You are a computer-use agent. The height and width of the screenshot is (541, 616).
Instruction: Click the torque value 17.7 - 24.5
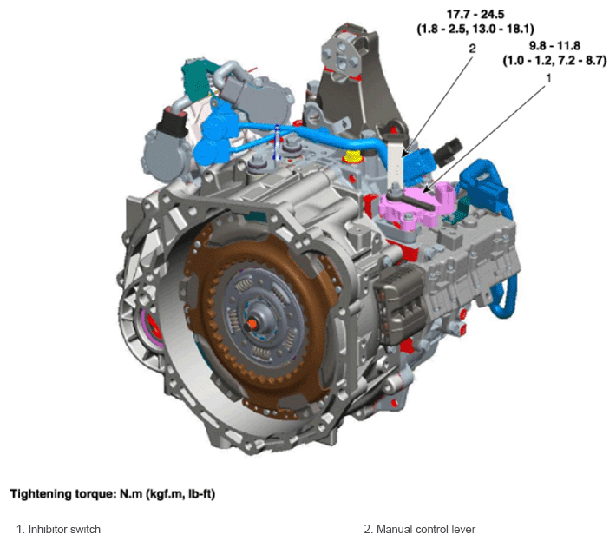pyautogui.click(x=475, y=15)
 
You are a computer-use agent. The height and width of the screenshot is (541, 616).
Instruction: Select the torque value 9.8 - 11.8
pyautogui.click(x=554, y=46)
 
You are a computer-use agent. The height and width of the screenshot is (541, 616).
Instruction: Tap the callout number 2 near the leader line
pyautogui.click(x=472, y=49)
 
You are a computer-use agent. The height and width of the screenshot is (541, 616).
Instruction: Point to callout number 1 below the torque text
pyautogui.click(x=549, y=79)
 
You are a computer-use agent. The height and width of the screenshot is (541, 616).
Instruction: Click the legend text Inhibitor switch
pyautogui.click(x=64, y=529)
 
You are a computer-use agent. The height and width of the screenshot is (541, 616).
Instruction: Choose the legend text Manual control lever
pyautogui.click(x=426, y=529)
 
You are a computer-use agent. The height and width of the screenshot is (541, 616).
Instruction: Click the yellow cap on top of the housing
pyautogui.click(x=352, y=156)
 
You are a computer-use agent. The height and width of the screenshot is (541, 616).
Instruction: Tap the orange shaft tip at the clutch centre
pyautogui.click(x=252, y=324)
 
